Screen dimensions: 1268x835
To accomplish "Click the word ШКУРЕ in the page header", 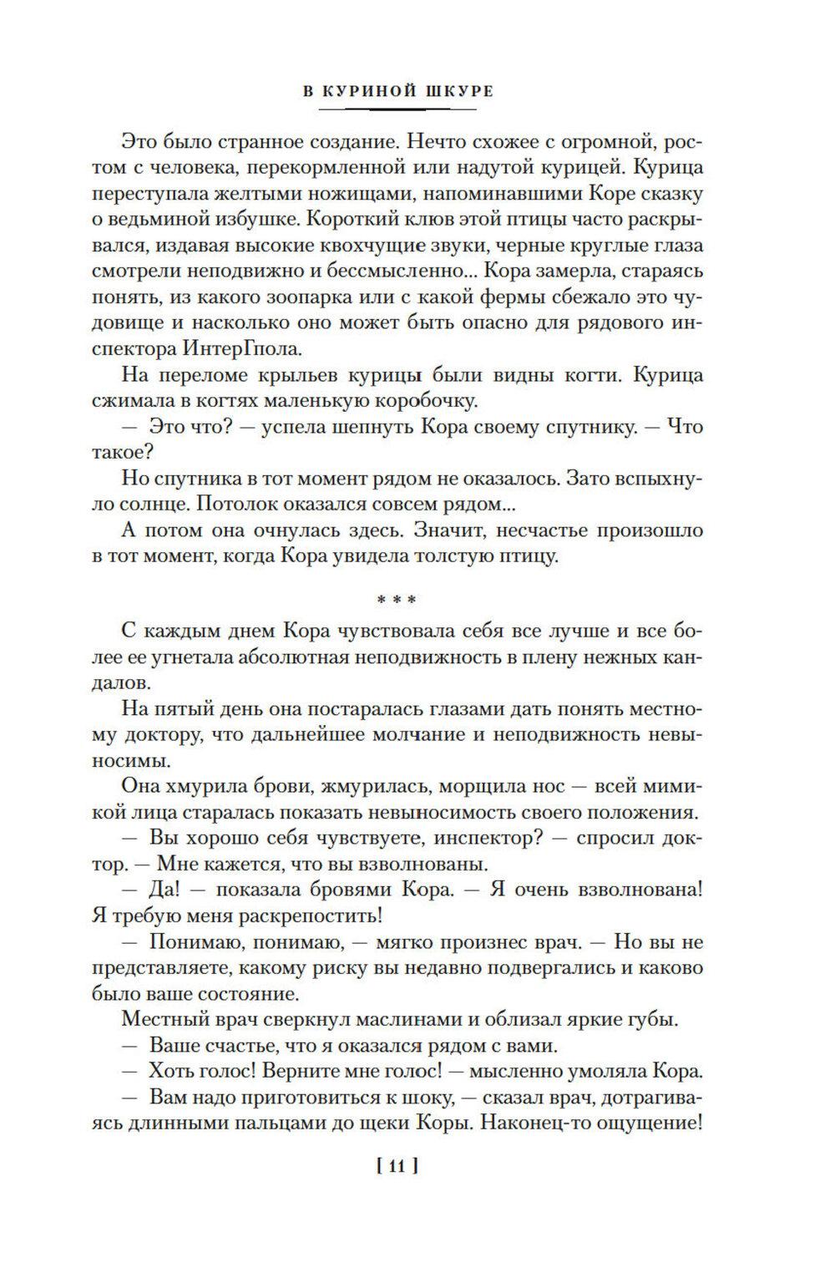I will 458,91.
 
